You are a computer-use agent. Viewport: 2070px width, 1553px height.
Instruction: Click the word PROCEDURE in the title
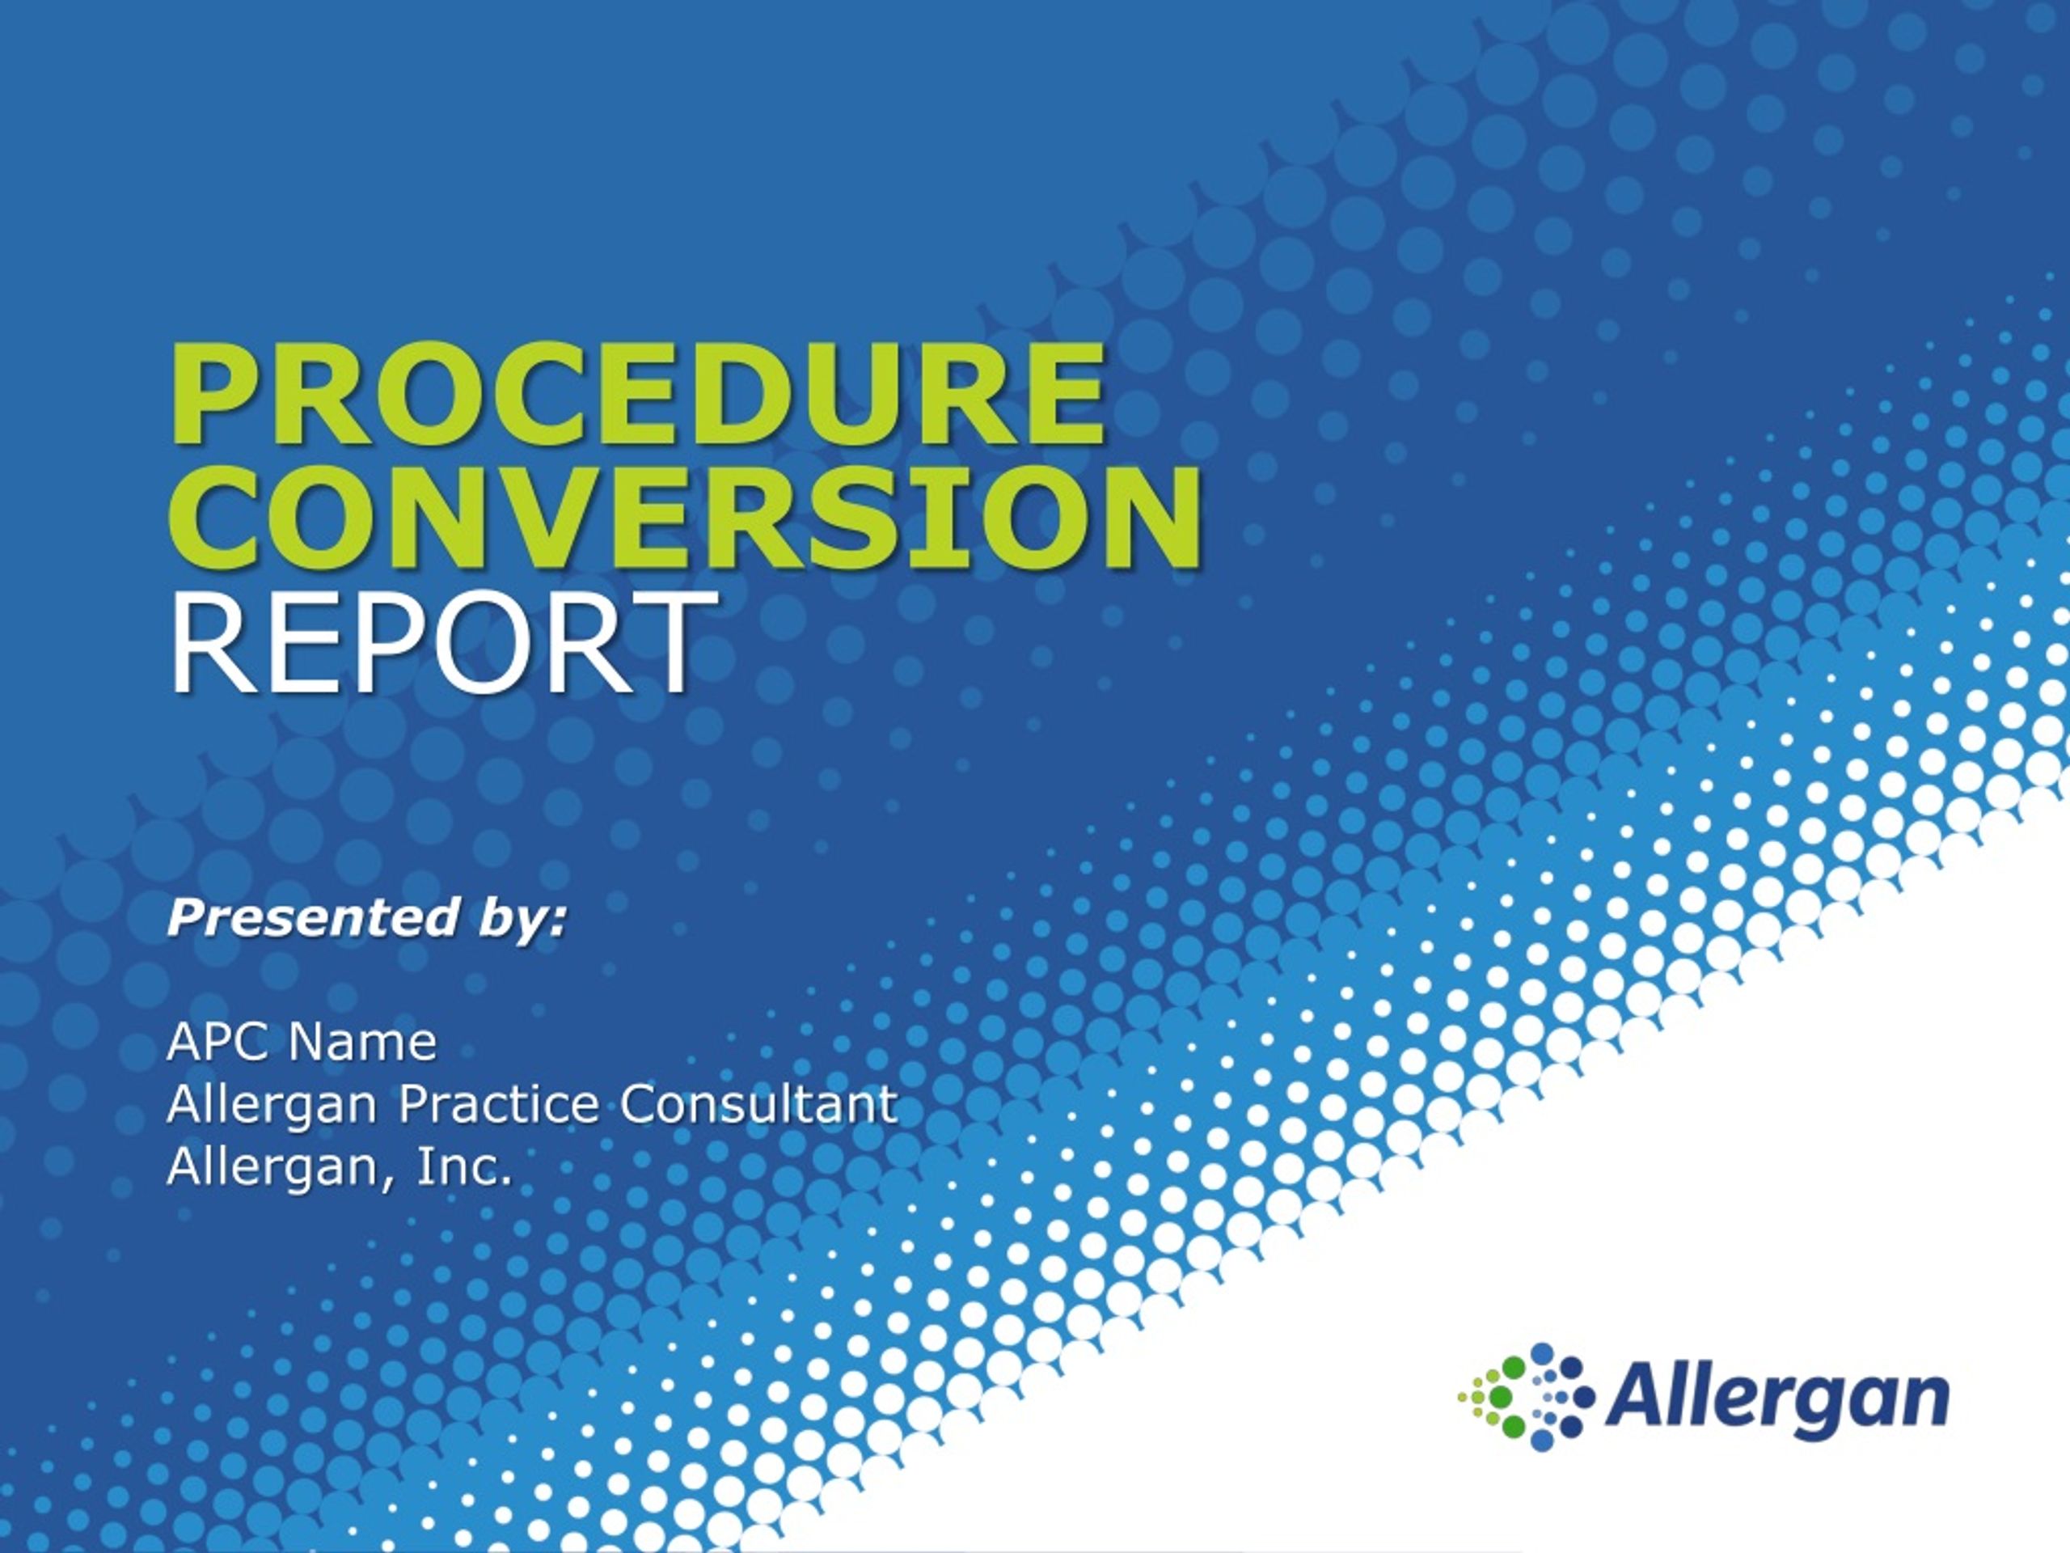(639, 394)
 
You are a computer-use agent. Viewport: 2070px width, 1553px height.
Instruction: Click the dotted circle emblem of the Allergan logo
(1525, 1397)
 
